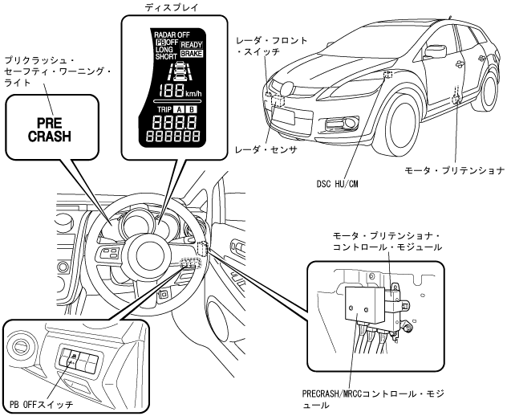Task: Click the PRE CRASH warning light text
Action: click(50, 129)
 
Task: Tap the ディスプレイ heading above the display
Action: click(171, 7)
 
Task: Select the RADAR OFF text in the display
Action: click(172, 35)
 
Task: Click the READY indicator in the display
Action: click(192, 45)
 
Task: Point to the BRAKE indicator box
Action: click(192, 54)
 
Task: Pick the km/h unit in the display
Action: click(193, 94)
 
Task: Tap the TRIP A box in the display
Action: click(178, 109)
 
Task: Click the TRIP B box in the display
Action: click(192, 109)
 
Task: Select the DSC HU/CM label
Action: click(337, 184)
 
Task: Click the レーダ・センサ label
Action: click(266, 150)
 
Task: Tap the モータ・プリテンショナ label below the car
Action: click(454, 170)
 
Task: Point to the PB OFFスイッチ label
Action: click(42, 405)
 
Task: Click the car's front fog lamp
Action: click(350, 122)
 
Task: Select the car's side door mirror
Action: click(436, 51)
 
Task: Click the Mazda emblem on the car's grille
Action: click(286, 88)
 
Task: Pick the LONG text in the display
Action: click(164, 50)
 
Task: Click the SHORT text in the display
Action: click(166, 56)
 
